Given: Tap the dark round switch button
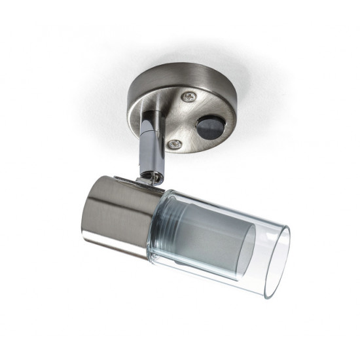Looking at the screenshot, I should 207,126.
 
